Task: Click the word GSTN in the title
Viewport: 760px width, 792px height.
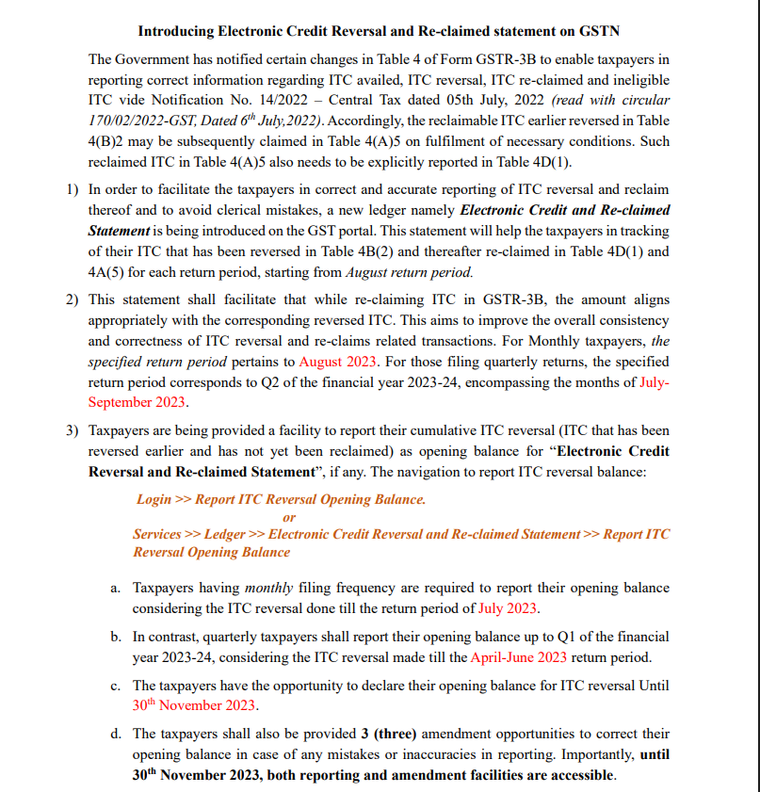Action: click(x=595, y=31)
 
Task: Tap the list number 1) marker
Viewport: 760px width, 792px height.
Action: click(x=73, y=189)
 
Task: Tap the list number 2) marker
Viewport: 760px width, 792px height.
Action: click(x=73, y=299)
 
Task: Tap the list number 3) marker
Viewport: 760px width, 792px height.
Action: click(x=73, y=429)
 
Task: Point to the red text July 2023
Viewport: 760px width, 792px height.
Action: click(x=509, y=608)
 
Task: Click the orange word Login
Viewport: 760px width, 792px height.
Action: click(x=154, y=499)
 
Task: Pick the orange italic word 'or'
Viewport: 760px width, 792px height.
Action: click(x=289, y=517)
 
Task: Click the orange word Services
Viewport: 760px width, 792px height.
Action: click(x=156, y=534)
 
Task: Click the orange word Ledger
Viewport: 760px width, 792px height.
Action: click(x=225, y=534)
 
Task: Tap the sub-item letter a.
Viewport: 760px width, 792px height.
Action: click(x=115, y=588)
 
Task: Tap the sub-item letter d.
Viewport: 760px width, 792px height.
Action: click(x=115, y=733)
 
